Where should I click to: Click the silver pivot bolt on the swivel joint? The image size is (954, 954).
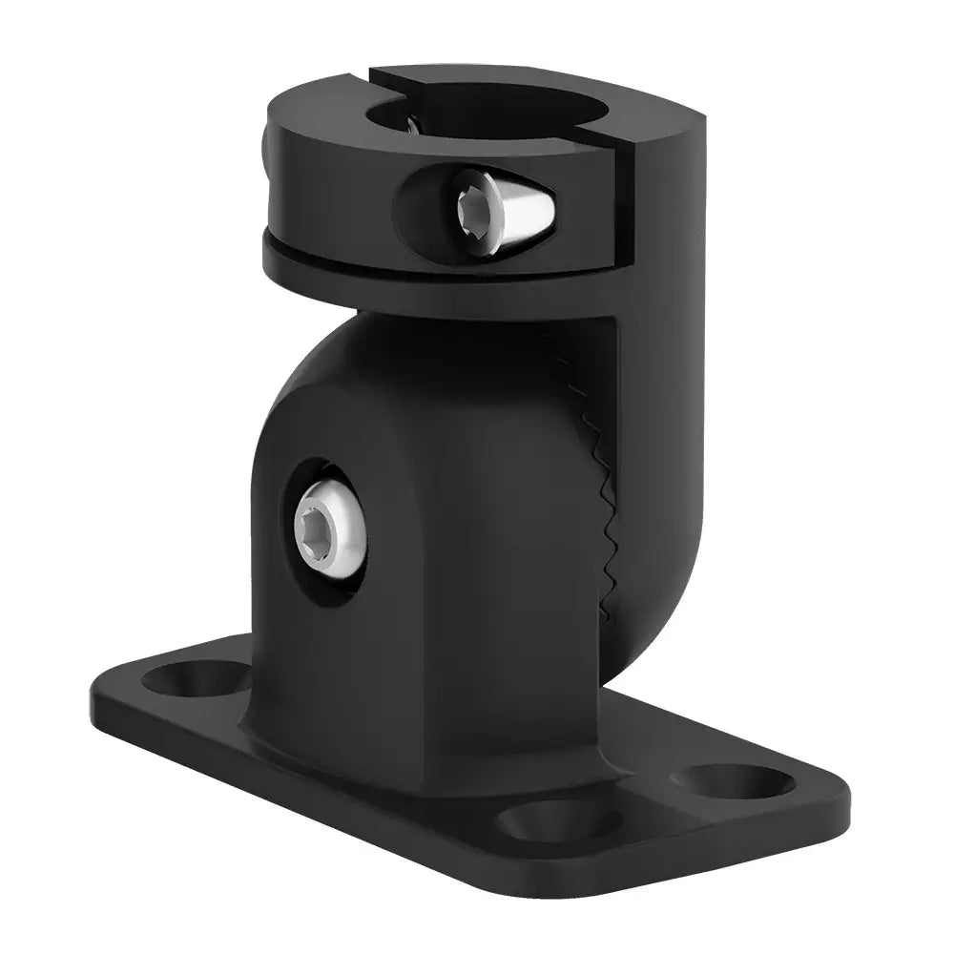pyautogui.click(x=329, y=529)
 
